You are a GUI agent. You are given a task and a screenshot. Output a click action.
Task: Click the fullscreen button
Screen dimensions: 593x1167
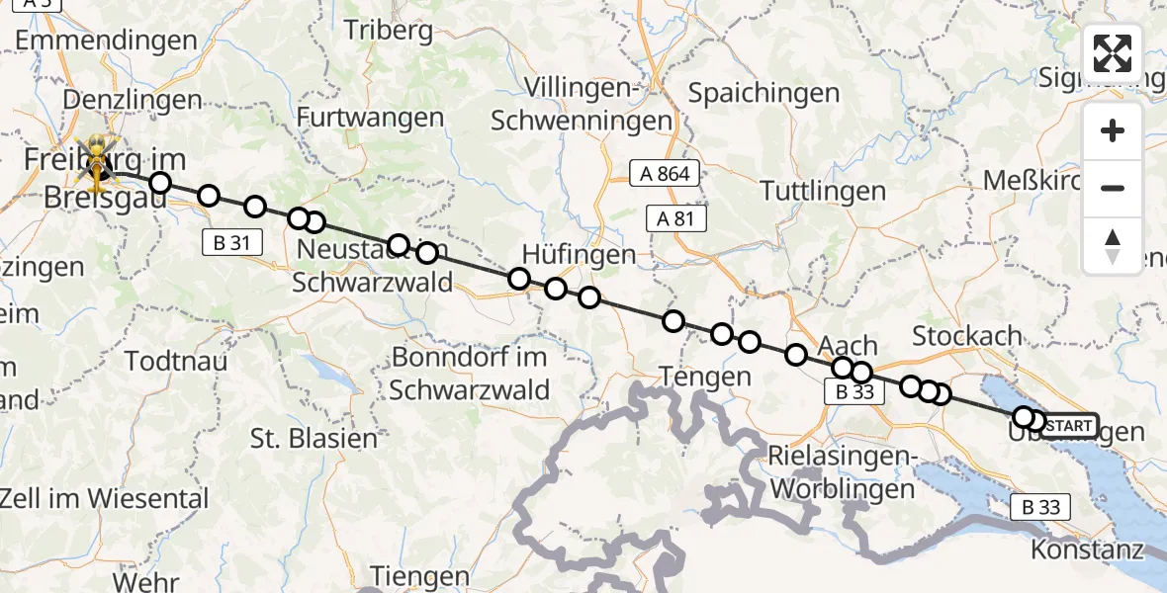pos(1113,53)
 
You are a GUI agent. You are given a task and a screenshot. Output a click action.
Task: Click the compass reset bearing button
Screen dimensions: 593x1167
pos(1113,246)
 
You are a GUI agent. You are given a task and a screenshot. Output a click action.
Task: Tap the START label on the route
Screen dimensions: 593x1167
pos(1068,427)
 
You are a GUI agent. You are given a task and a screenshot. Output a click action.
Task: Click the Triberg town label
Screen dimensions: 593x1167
pos(389,30)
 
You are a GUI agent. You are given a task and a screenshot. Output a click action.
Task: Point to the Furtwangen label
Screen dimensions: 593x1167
pos(371,118)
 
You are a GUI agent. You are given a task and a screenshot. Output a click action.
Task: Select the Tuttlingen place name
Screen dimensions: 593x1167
pos(822,191)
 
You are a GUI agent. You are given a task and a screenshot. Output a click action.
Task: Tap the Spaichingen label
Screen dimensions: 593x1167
pos(763,94)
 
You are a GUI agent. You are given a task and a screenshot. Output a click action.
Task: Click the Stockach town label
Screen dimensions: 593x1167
pos(966,336)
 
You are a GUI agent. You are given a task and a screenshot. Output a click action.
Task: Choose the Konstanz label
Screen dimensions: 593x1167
pos(1087,550)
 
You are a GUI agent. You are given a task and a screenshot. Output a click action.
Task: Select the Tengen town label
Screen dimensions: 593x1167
pos(706,377)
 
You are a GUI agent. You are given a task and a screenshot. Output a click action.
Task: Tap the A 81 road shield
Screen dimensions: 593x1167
pos(676,219)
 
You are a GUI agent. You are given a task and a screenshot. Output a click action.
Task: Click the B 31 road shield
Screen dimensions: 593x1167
pos(231,241)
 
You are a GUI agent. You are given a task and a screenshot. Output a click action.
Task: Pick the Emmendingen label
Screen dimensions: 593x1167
pos(107,41)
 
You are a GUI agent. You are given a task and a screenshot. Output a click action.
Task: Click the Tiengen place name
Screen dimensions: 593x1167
pos(420,576)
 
